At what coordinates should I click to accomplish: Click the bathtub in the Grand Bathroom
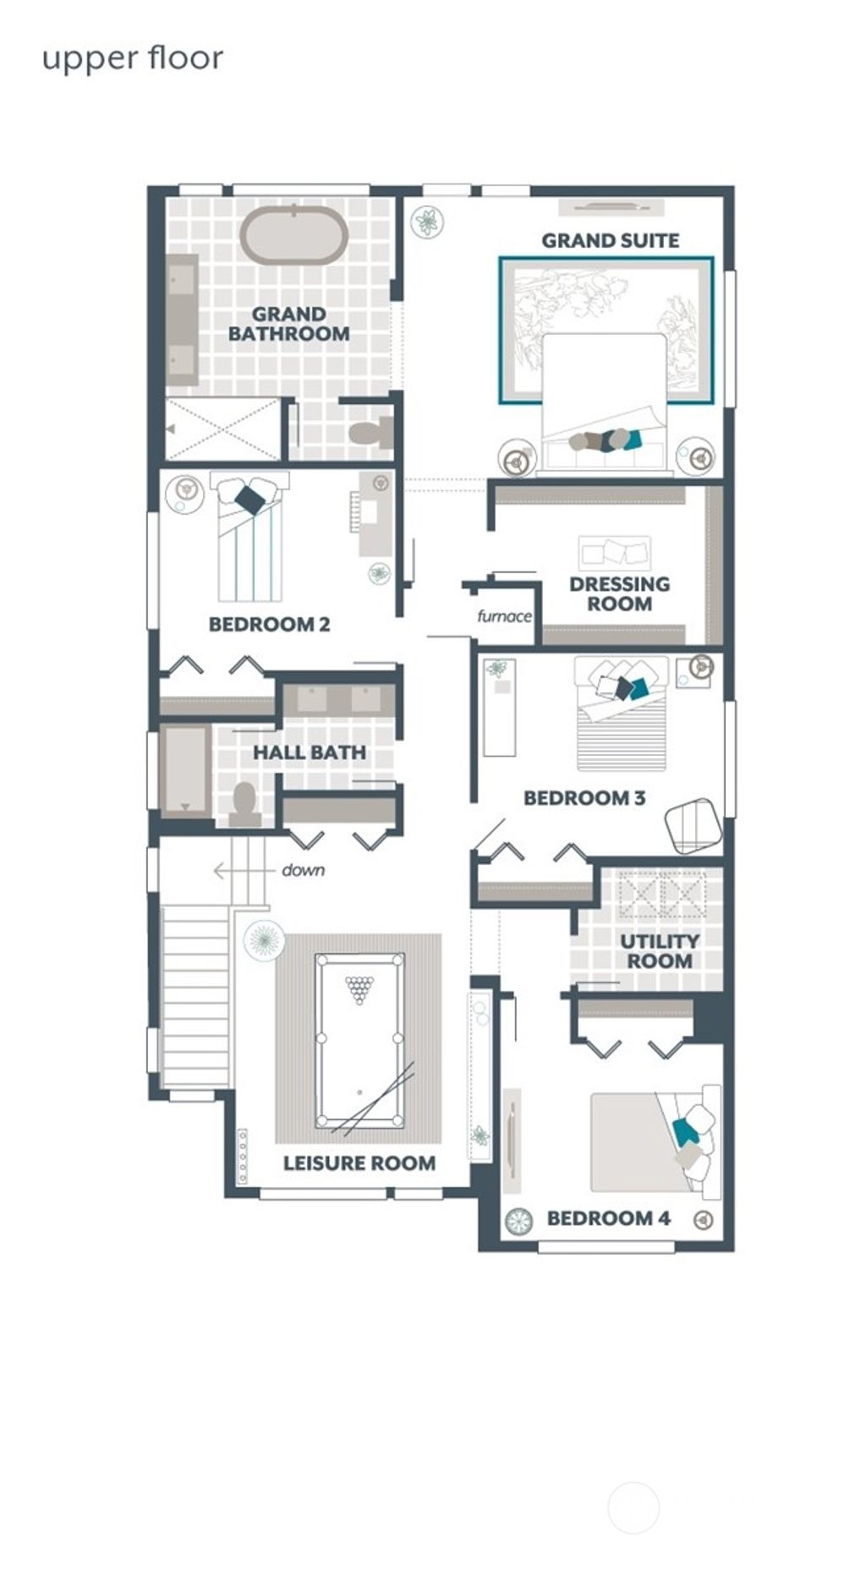pyautogui.click(x=293, y=237)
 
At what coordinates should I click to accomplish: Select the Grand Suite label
pyautogui.click(x=610, y=241)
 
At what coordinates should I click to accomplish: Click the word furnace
pyautogui.click(x=504, y=616)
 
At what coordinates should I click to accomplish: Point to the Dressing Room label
pyautogui.click(x=619, y=594)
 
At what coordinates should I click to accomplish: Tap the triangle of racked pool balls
pyautogui.click(x=359, y=988)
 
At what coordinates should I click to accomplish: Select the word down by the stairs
pyautogui.click(x=303, y=870)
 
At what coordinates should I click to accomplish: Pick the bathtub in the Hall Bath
pyautogui.click(x=184, y=770)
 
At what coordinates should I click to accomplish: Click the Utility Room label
pyautogui.click(x=660, y=951)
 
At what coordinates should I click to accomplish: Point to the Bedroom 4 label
pyautogui.click(x=608, y=1218)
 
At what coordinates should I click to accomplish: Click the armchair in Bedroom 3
pyautogui.click(x=693, y=825)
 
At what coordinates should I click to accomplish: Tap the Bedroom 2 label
pyautogui.click(x=269, y=625)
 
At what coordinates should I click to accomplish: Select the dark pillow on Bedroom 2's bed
pyautogui.click(x=249, y=500)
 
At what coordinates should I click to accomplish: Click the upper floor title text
pyautogui.click(x=133, y=59)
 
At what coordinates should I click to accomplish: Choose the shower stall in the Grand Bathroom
pyautogui.click(x=222, y=429)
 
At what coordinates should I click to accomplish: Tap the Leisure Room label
pyautogui.click(x=359, y=1163)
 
